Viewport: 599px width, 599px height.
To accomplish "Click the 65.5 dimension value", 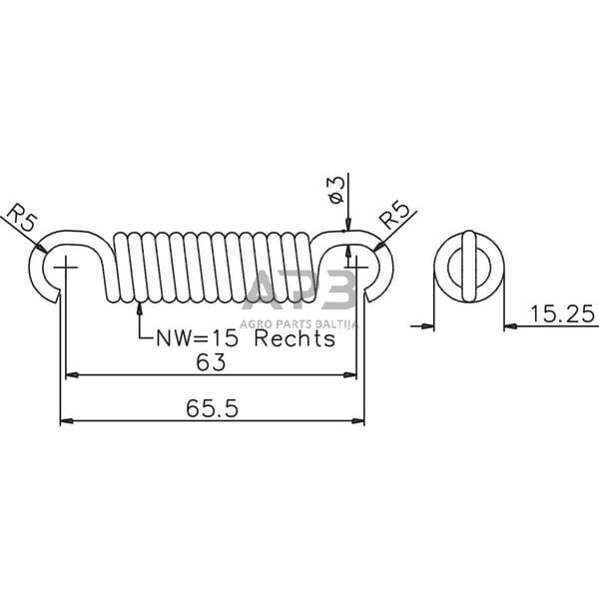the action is [212, 408].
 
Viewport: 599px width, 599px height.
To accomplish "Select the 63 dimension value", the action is [211, 362].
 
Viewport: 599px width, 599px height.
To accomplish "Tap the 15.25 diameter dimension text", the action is [562, 314].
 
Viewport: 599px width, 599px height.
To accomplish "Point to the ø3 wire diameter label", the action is [336, 189].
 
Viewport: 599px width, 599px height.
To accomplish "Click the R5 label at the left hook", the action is [22, 218].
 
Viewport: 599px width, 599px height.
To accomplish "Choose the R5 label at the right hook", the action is [394, 215].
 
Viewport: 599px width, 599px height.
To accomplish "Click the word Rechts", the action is [295, 338].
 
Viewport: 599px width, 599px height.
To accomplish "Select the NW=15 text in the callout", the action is [197, 338].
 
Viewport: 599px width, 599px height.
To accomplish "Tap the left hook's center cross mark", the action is [66, 267].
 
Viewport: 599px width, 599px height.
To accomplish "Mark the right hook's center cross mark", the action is [356, 267].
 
